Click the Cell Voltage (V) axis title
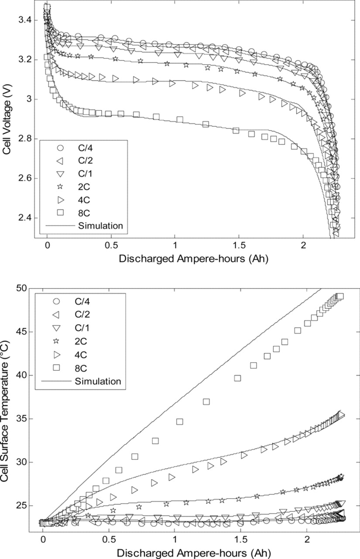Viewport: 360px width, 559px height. click(x=7, y=119)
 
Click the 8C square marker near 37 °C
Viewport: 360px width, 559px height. click(x=206, y=401)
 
